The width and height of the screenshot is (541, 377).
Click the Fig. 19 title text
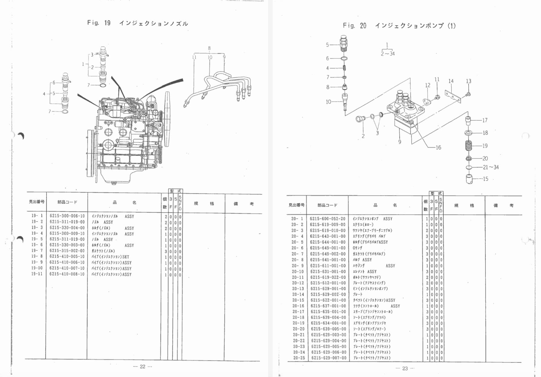138,23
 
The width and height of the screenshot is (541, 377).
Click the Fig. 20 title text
399,26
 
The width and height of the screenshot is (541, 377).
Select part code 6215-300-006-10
67,216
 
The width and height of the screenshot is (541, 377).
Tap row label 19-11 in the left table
37,274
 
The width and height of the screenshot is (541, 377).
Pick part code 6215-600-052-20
328,219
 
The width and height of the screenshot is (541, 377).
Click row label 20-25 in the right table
299,358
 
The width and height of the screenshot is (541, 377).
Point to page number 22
143,366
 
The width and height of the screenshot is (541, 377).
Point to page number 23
405,368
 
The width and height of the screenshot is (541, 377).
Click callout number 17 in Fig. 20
485,120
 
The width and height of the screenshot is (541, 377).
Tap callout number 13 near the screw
468,81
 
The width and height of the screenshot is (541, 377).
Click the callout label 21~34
491,168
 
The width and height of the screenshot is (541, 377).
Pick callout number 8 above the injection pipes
209,48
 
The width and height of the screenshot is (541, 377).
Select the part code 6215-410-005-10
67,257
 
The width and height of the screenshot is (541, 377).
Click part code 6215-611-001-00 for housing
328,266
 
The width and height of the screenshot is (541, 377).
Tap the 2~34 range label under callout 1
387,54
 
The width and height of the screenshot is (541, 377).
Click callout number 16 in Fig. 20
438,148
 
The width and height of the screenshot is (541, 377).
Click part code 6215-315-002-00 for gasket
67,251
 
